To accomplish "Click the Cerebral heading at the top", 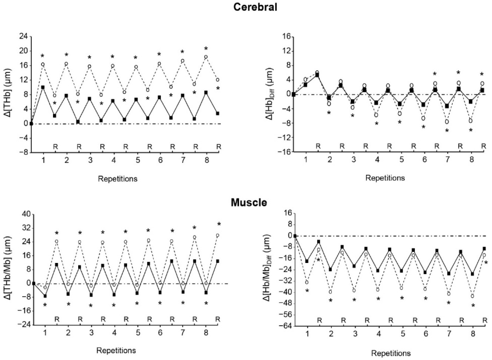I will point(255,7).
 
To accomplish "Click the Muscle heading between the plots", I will point(249,203).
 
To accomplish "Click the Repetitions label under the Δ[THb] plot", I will point(117,179).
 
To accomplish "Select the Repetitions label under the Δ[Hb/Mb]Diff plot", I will point(391,353).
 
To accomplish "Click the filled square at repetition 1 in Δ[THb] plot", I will point(43,87).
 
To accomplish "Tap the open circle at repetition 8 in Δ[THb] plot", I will point(206,57).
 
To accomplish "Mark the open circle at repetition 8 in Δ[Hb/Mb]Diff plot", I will point(472,296).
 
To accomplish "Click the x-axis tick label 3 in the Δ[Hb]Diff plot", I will point(353,160).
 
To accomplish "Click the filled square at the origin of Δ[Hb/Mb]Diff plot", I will point(295,236).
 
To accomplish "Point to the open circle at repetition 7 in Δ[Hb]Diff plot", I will point(447,122).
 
